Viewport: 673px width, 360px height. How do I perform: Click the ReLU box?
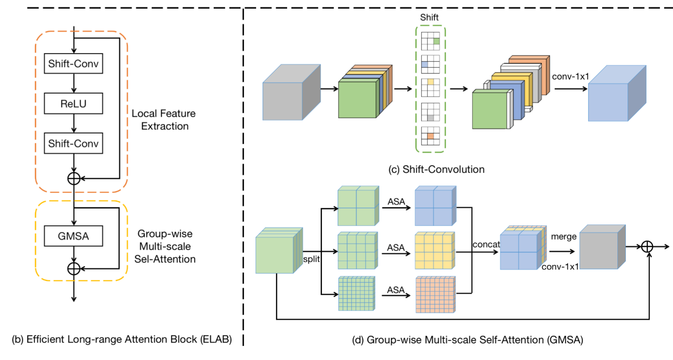pyautogui.click(x=73, y=103)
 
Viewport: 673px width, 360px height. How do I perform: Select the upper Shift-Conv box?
pyautogui.click(x=73, y=64)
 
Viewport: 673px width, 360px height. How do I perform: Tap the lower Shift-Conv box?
pyautogui.click(x=73, y=143)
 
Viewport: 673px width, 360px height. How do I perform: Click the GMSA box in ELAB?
pyautogui.click(x=73, y=236)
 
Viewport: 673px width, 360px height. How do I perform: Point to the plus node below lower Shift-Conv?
pyautogui.click(x=74, y=179)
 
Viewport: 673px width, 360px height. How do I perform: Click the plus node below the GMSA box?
pyautogui.click(x=74, y=268)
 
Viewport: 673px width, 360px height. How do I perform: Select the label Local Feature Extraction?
pyautogui.click(x=164, y=120)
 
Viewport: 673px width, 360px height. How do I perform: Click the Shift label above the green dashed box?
pyautogui.click(x=429, y=17)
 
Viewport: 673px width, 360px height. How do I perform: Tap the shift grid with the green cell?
pyautogui.click(x=430, y=41)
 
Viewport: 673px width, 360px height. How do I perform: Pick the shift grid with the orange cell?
pyautogui.click(x=430, y=136)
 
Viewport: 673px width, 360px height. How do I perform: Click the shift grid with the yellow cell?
pyautogui.click(x=430, y=88)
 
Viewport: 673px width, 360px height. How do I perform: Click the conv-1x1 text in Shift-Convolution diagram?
pyautogui.click(x=570, y=77)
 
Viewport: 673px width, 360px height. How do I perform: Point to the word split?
pyautogui.click(x=311, y=259)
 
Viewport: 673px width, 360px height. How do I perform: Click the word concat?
pyautogui.click(x=486, y=245)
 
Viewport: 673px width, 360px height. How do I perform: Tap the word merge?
pyautogui.click(x=564, y=237)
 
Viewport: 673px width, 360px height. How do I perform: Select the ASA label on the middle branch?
pyautogui.click(x=396, y=248)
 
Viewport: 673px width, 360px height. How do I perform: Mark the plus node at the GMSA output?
pyautogui.click(x=647, y=246)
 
